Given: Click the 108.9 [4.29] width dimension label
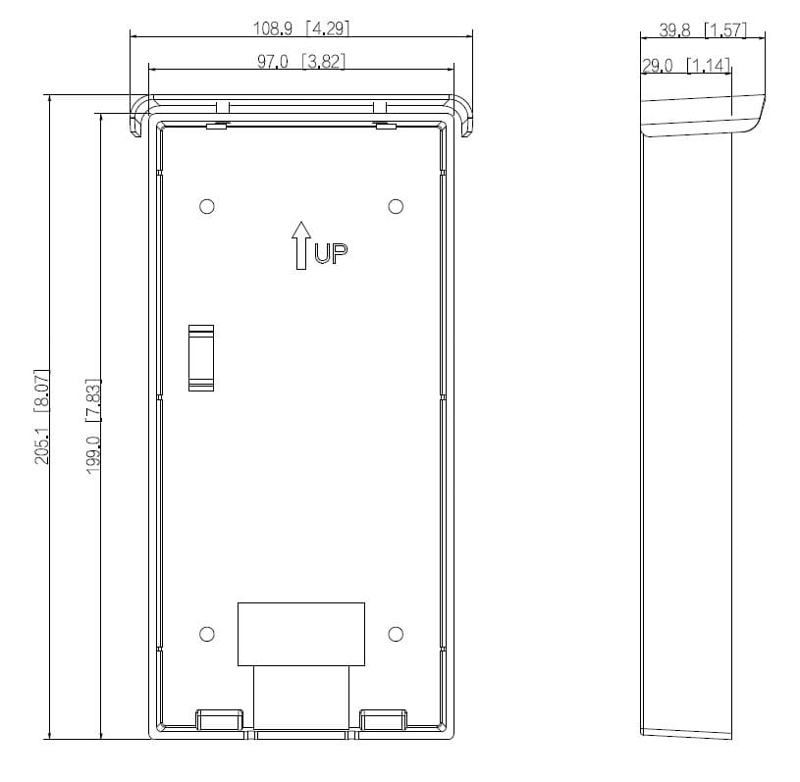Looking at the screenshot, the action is pos(301,28).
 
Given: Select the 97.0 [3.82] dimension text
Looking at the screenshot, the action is pos(301,62).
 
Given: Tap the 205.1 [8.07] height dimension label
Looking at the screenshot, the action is pos(41,416).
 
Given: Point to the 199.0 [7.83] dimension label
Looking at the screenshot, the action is pos(93,426).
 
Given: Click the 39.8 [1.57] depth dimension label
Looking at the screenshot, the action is pos(703,30).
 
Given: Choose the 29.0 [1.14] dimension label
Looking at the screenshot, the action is pos(686,66).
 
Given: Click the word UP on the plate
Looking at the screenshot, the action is pos(331,253).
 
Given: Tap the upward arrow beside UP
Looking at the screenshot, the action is pos(301,245).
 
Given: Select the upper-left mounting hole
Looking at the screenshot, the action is pos(207,207).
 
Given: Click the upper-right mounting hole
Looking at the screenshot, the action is pos(396,207).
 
